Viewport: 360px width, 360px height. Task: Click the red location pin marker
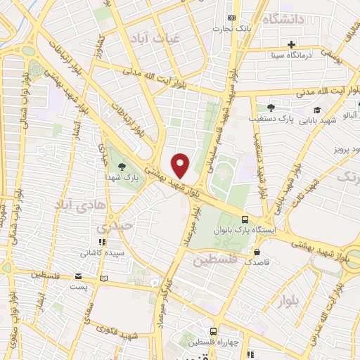(181, 165)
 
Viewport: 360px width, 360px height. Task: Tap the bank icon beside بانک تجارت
(231, 19)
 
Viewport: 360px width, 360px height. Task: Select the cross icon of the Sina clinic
(311, 44)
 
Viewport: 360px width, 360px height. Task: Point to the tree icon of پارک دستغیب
(270, 108)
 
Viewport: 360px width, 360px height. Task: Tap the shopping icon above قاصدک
(257, 251)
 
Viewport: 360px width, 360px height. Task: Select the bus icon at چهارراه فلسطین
(213, 330)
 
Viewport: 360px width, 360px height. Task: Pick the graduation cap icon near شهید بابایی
(317, 110)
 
